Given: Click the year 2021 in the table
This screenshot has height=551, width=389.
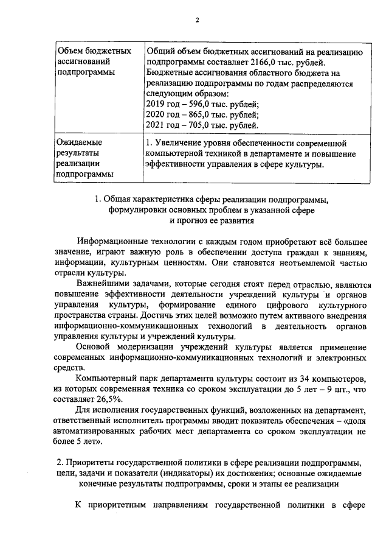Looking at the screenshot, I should pos(157,125).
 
